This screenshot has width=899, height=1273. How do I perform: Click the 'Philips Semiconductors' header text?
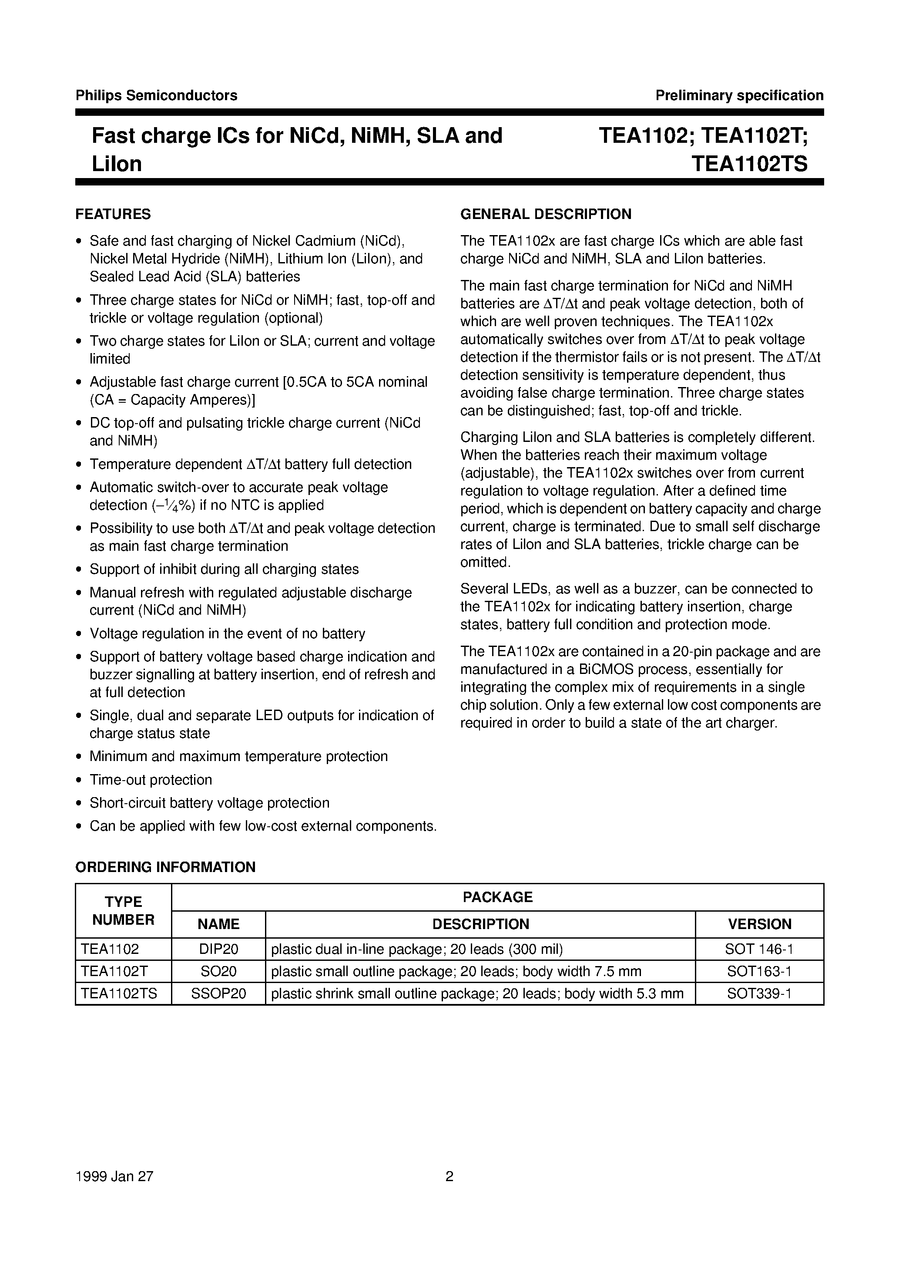click(x=156, y=95)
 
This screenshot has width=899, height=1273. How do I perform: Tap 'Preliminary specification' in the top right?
click(x=739, y=95)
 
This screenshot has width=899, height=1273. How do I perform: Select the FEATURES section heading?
click(x=113, y=214)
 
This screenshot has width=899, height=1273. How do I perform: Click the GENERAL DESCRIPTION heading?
click(x=546, y=214)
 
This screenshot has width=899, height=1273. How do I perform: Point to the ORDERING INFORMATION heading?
click(x=165, y=867)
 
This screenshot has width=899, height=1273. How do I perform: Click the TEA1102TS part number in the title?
click(x=749, y=164)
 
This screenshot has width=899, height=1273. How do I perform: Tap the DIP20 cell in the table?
click(x=218, y=949)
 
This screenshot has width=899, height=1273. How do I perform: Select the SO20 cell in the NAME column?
click(x=218, y=971)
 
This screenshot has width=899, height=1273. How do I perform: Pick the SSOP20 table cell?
click(x=218, y=993)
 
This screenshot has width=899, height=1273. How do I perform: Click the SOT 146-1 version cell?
click(x=759, y=949)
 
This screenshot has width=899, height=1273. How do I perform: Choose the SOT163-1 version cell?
click(x=759, y=971)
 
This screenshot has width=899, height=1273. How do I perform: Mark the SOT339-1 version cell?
click(x=759, y=993)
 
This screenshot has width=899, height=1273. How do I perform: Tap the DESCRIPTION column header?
click(x=480, y=924)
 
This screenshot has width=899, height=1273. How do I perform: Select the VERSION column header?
click(x=759, y=924)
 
